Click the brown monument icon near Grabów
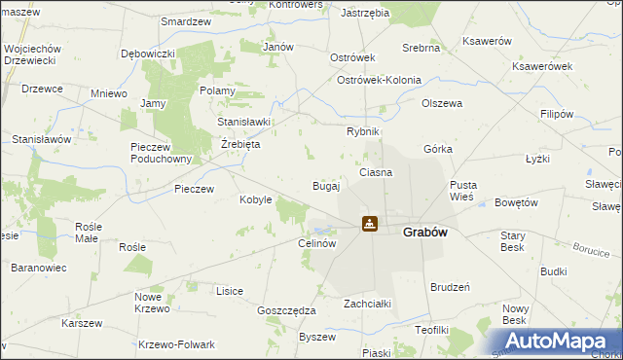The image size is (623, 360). [x=370, y=224]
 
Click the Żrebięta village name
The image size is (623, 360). [x=238, y=144]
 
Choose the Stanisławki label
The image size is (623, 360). [x=243, y=122]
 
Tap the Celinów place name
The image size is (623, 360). [x=317, y=243]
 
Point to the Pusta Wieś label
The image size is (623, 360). [x=461, y=191]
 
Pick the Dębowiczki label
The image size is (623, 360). [x=147, y=54]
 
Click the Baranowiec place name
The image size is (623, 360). [x=39, y=267]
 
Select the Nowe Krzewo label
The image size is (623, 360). [x=150, y=303]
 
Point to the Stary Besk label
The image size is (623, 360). [x=512, y=241]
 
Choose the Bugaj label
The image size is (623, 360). [x=325, y=185]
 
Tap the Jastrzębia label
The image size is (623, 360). [x=366, y=14]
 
